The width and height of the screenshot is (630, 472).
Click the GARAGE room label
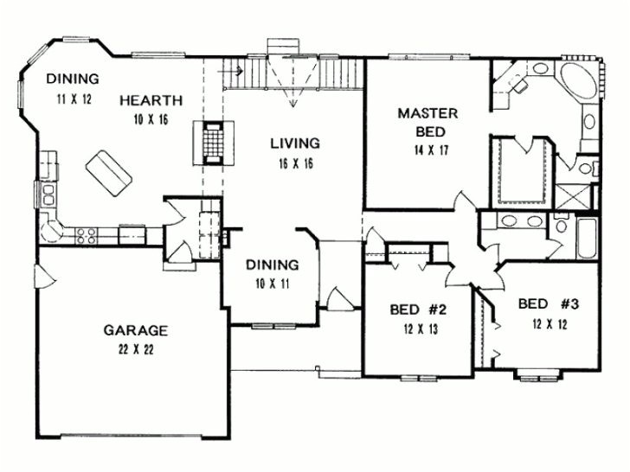tap(136, 330)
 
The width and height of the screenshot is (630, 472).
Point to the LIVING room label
tap(292, 143)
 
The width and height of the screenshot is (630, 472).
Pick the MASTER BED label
tap(421, 123)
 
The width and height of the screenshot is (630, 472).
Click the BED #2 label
tap(417, 308)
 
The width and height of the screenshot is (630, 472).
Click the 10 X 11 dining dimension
tap(272, 284)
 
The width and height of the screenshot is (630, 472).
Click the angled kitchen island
tap(107, 171)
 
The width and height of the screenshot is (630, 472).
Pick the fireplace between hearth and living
tap(213, 144)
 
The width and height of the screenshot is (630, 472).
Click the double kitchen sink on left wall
tap(47, 191)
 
